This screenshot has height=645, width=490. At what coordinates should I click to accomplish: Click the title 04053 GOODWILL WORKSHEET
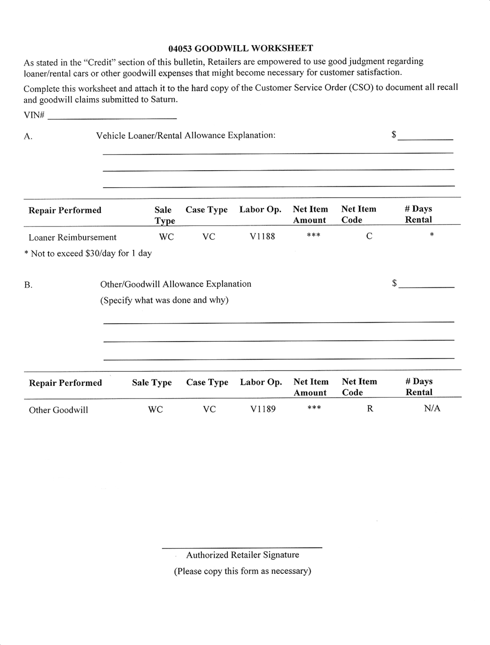pos(240,48)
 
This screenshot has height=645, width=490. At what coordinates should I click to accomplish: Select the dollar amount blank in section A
pos(425,137)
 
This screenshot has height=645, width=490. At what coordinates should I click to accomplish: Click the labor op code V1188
pos(262,236)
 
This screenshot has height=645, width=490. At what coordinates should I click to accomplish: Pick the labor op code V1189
pos(263,409)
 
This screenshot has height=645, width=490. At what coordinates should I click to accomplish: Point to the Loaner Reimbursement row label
pos(73,237)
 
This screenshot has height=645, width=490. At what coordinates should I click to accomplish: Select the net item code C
pos(369,236)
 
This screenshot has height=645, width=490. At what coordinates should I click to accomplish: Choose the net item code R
pos(370,409)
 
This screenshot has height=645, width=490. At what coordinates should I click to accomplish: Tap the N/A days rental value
pos(432,409)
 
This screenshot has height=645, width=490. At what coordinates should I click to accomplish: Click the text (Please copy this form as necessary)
pos(242,571)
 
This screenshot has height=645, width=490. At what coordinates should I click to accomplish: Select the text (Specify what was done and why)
pos(164,300)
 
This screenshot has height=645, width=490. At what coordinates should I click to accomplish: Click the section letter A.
pos(28,136)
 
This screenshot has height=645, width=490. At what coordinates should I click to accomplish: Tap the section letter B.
pos(28,285)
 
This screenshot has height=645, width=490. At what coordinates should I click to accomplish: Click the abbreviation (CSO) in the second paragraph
pos(362,88)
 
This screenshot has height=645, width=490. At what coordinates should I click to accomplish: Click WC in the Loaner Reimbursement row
pos(166,237)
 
